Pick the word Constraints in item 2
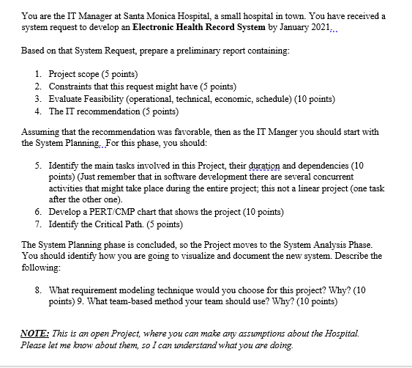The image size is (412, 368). (x=72, y=87)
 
